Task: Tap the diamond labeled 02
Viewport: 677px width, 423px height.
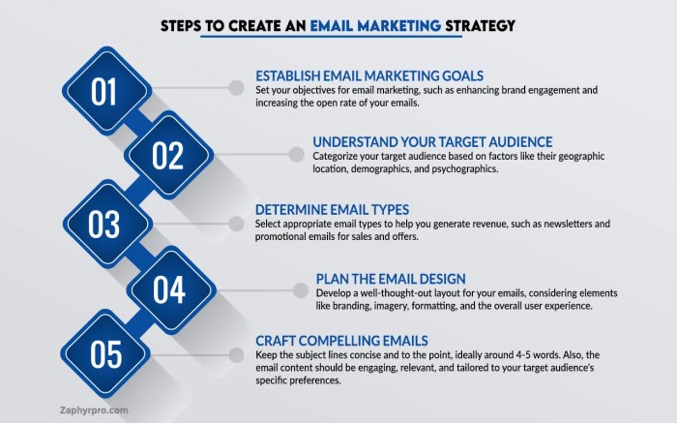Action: [167, 155]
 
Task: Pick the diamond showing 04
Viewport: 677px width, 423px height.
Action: [167, 288]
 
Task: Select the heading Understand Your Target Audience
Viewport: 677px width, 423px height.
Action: [432, 140]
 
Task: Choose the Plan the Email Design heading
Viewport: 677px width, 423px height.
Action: [391, 277]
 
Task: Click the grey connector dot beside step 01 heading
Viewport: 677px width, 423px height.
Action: [235, 88]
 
